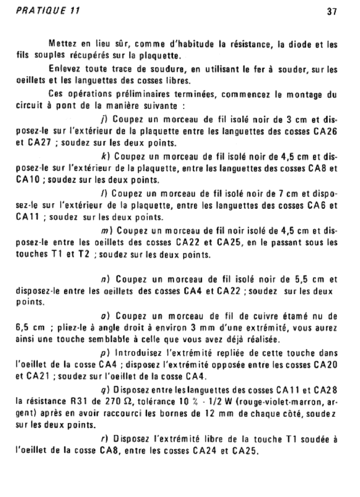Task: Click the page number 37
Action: pyautogui.click(x=332, y=12)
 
